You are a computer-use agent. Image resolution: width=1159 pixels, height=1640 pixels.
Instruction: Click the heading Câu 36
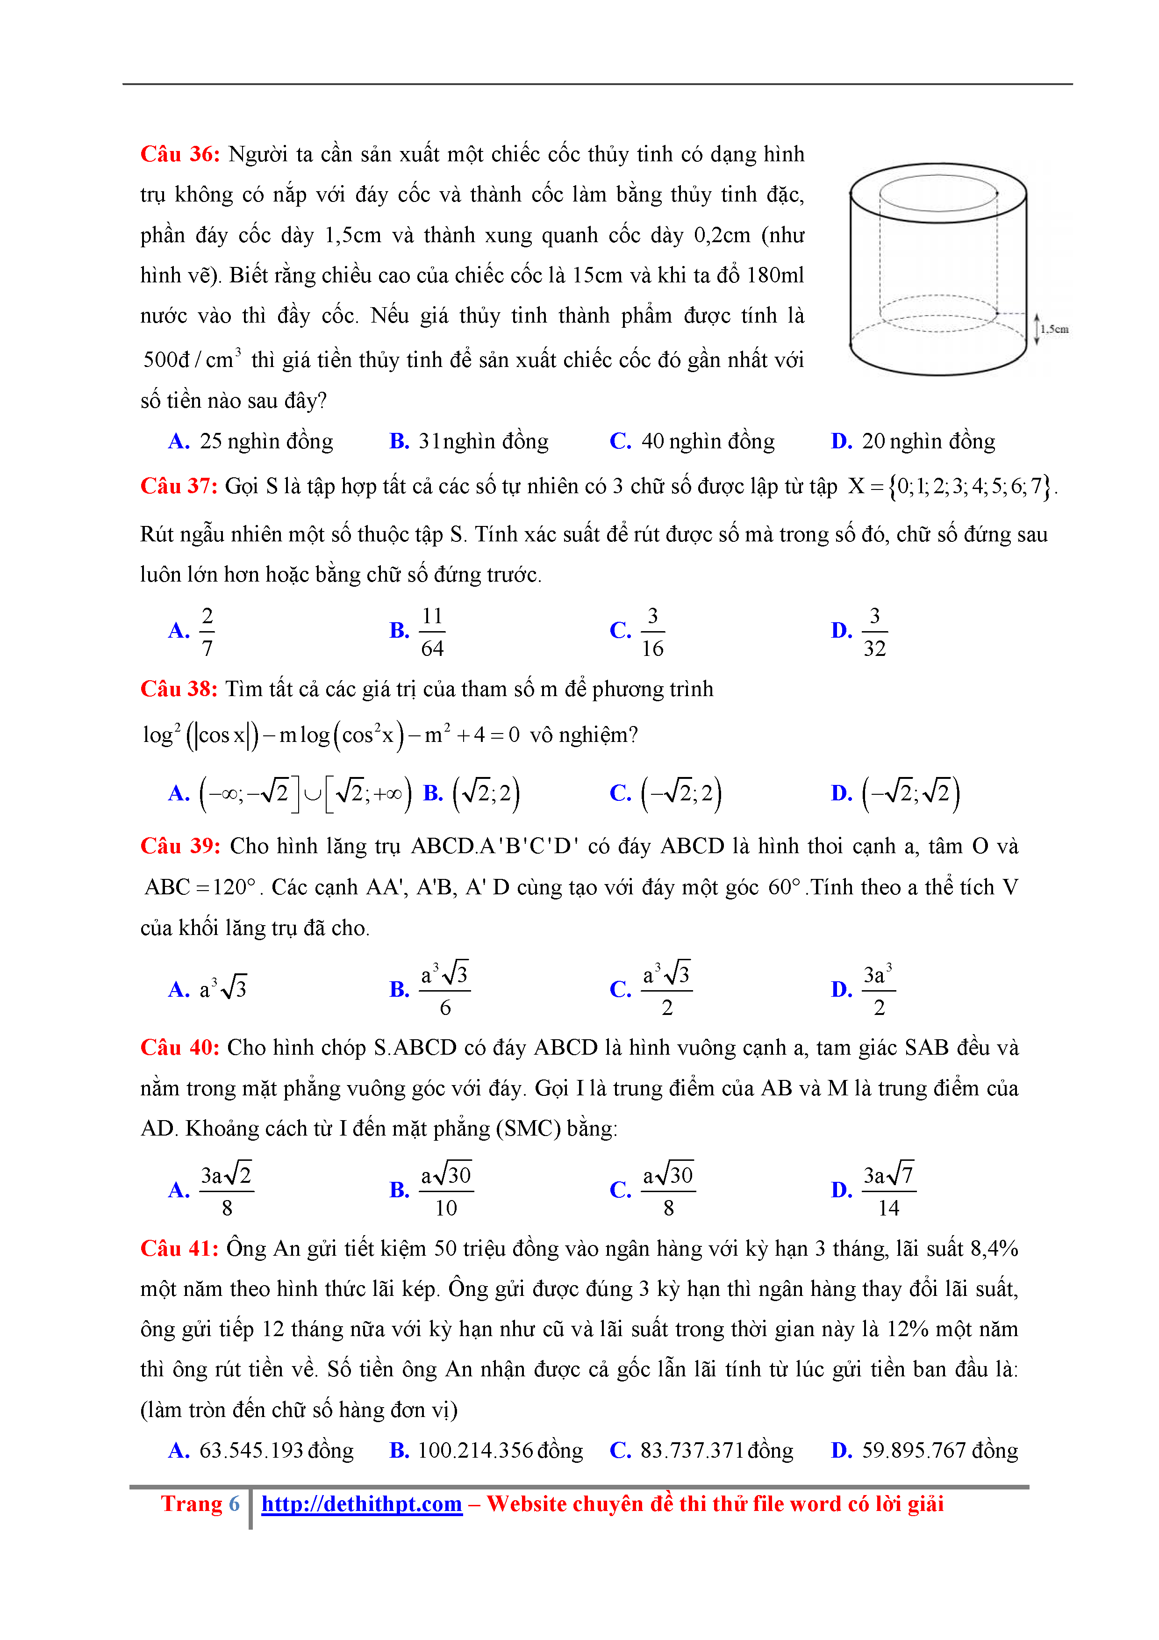pos(180,154)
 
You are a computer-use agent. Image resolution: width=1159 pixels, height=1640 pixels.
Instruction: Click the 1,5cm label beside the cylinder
pos(1053,329)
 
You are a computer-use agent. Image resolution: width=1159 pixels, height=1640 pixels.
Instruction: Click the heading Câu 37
pos(179,486)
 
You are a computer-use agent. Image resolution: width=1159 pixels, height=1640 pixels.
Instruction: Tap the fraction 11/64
pos(432,632)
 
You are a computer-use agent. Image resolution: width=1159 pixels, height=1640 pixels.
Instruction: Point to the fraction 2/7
pos(207,632)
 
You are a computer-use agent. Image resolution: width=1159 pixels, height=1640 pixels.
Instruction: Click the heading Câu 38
pos(179,689)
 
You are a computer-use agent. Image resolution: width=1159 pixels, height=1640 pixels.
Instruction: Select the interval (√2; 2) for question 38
pos(486,793)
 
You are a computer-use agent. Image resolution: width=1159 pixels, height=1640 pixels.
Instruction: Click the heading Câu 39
pos(180,847)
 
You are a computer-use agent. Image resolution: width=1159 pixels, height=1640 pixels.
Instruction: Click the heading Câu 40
pos(180,1048)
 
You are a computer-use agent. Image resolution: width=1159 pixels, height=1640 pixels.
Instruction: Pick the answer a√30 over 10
pos(445,1191)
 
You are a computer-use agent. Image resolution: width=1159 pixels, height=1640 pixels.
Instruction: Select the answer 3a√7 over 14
pos(888,1191)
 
